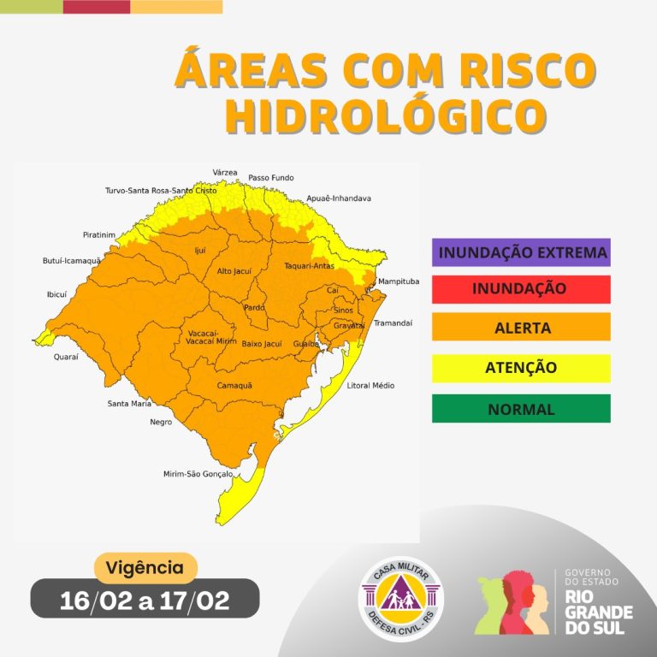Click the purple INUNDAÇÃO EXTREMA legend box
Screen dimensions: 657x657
tap(522, 252)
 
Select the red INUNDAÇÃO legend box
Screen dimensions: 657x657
tap(522, 289)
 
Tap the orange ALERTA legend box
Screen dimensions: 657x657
tap(522, 327)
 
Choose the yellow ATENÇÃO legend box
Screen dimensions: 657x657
tap(522, 368)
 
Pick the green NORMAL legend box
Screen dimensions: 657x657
tap(522, 409)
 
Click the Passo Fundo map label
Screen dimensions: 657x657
tap(270, 178)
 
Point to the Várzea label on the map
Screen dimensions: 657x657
tap(225, 172)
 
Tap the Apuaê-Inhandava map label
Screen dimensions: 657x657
tap(339, 198)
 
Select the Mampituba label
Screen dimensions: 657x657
tap(399, 281)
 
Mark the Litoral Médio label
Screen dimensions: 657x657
tap(370, 386)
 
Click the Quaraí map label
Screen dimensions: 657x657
tap(66, 356)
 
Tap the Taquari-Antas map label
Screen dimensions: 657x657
tap(309, 266)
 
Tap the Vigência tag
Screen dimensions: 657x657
tap(145, 567)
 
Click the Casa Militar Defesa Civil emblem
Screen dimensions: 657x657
tap(400, 599)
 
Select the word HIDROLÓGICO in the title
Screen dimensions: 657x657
tap(385, 116)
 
